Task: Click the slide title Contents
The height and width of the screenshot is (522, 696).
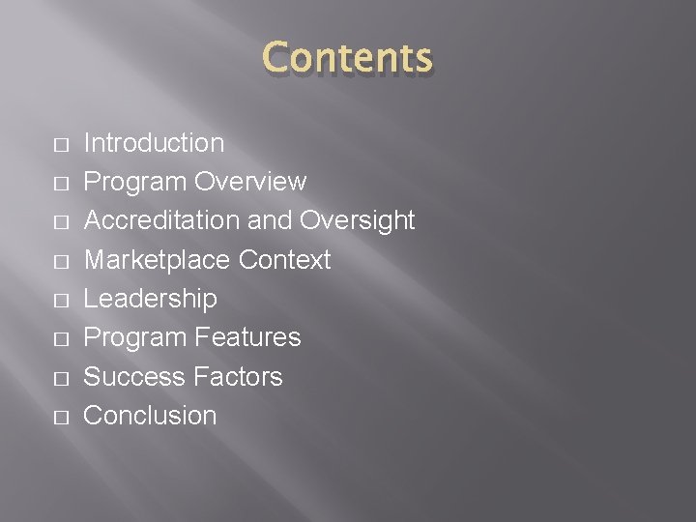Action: point(348,58)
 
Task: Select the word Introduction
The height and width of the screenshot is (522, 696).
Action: point(154,143)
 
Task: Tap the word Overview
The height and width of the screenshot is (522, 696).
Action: point(250,182)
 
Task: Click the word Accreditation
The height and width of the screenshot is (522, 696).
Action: point(161,220)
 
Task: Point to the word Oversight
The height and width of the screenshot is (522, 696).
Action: point(357,220)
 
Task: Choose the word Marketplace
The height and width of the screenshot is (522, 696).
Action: point(157,260)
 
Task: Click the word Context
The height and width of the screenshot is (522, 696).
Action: point(284,260)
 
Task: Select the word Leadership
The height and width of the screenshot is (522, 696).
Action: point(150,299)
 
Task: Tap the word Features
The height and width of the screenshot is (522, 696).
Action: point(247,337)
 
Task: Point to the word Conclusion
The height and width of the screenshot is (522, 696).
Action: point(150,416)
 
